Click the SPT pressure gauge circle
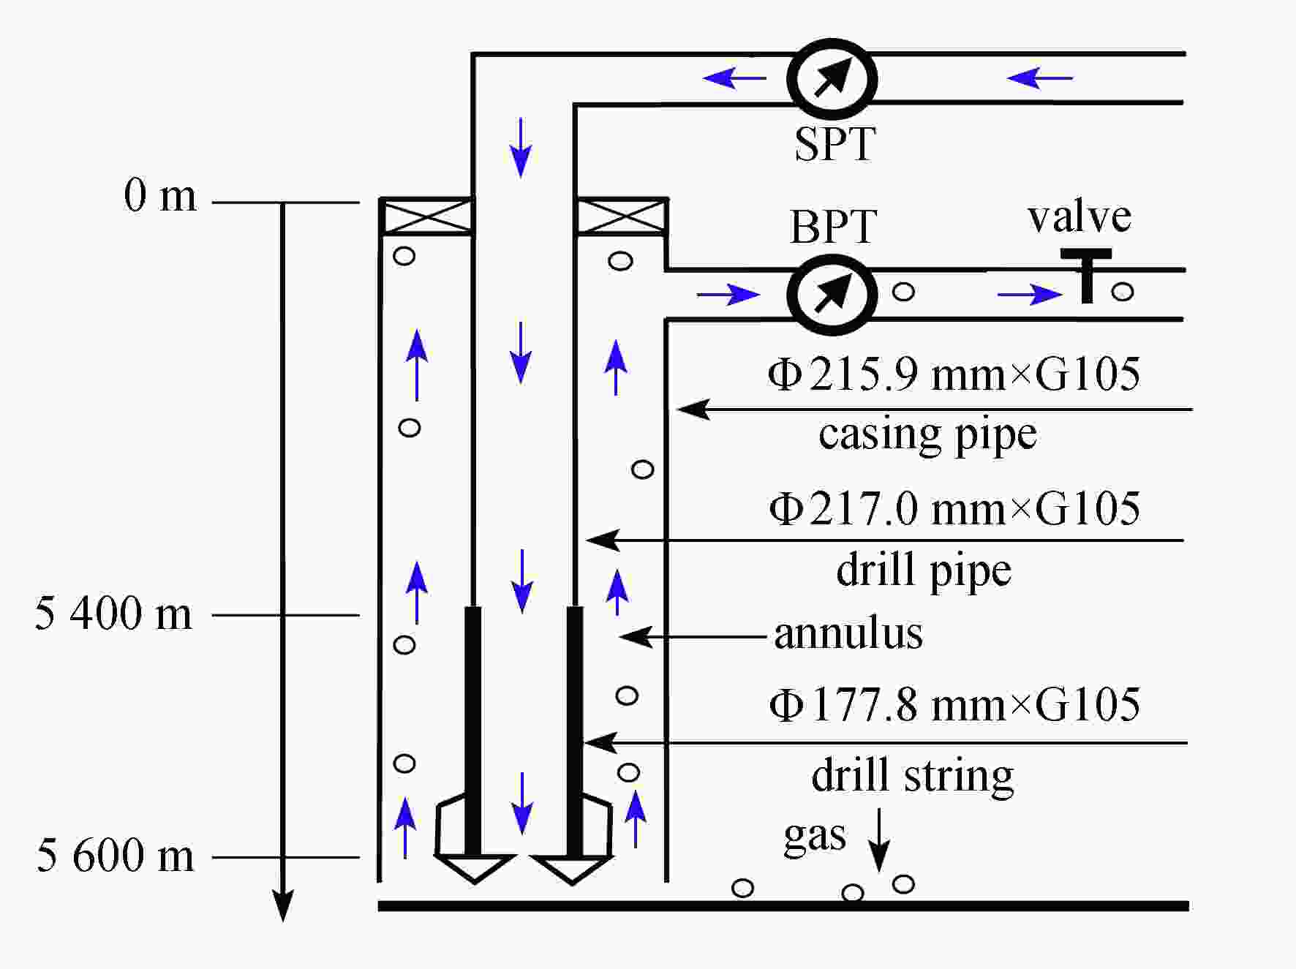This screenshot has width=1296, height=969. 832,78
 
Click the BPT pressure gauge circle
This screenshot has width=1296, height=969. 832,294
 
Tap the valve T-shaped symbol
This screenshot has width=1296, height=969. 1087,274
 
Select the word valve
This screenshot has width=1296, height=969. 1079,217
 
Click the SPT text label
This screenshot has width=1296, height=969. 835,144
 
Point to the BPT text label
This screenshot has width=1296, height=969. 833,227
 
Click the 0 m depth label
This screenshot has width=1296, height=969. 160,196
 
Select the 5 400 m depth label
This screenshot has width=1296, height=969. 113,613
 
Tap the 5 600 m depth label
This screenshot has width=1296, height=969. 116,855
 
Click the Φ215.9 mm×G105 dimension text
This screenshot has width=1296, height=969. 954,374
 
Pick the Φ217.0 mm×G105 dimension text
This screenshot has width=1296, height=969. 954,508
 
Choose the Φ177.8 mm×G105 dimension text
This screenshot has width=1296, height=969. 954,705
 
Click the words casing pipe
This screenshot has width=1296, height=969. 927,434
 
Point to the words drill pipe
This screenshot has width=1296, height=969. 924,570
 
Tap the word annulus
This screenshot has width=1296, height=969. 848,633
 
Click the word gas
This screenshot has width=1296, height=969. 814,836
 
